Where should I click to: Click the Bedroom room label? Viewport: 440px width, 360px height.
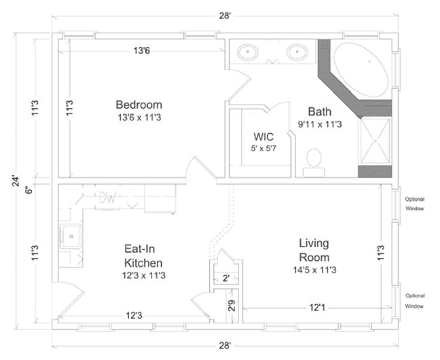tap(139, 105)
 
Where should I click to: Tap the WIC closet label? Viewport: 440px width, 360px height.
tap(263, 136)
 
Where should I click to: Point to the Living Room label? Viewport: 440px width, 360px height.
tap(314, 250)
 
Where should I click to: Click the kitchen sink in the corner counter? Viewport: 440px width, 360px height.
tap(70, 236)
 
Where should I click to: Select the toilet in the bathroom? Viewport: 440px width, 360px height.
tap(314, 161)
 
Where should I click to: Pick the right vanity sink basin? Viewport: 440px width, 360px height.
tap(297, 52)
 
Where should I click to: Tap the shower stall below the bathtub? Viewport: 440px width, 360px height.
tap(374, 141)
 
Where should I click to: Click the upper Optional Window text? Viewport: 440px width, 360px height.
tap(414, 204)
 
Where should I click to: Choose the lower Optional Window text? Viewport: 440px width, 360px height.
tap(414, 302)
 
